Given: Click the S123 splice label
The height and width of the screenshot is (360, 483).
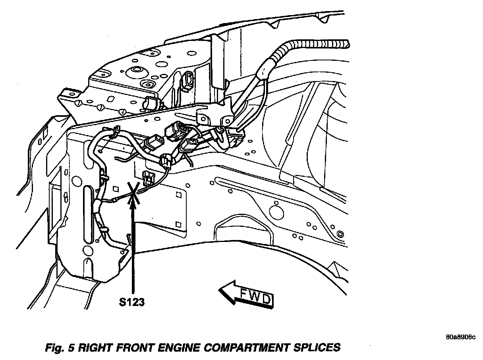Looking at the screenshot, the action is pyautogui.click(x=131, y=302).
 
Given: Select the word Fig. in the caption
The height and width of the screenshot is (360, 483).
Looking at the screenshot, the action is pyautogui.click(x=55, y=347).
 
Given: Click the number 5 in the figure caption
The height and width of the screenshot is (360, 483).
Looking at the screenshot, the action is pyautogui.click(x=71, y=347).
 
